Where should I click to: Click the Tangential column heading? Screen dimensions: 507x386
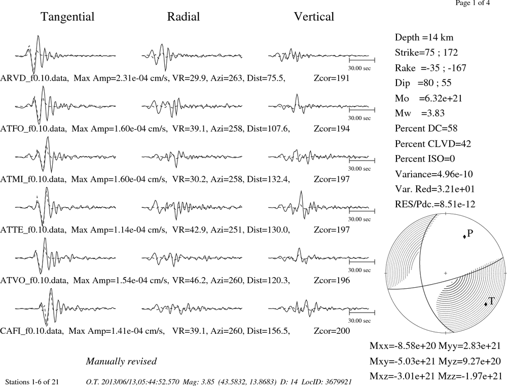point(67,17)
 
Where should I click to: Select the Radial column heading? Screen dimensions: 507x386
point(184,17)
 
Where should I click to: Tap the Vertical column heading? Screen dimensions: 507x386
point(314,17)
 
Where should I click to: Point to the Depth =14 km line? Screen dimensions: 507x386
point(424,37)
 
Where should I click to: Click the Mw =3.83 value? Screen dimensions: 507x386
point(419,113)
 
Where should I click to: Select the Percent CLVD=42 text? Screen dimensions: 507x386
point(433,143)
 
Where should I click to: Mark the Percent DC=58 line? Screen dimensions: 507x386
point(426,129)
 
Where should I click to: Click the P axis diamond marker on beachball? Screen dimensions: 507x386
point(464,237)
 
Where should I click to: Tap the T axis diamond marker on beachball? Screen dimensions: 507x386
point(486,304)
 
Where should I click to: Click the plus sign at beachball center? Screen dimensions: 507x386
point(445,273)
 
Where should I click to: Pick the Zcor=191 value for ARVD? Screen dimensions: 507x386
point(332,78)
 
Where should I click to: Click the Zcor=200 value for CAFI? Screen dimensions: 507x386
point(332,331)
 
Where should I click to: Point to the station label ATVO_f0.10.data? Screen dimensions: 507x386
point(34,280)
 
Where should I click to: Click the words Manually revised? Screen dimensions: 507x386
point(121,361)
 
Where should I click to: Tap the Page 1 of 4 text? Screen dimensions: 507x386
point(473,3)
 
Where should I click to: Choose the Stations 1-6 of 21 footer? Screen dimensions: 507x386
point(32,382)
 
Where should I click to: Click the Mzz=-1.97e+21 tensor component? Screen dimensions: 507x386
point(470,376)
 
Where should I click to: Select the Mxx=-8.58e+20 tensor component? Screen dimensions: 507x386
point(403,345)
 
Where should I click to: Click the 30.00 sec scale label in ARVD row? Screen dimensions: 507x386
point(359,68)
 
